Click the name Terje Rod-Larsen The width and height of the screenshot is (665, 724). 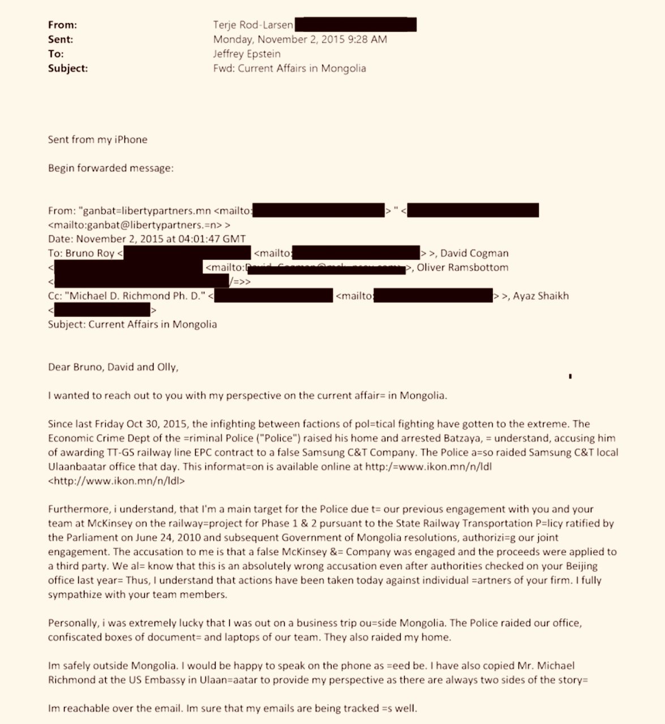pos(253,25)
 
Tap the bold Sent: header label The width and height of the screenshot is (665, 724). pos(61,40)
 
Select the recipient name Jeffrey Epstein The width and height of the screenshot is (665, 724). pos(247,54)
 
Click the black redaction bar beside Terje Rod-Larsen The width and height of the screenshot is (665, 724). pos(355,25)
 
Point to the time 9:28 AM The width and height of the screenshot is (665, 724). pos(368,40)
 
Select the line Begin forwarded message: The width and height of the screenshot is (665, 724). pos(111,168)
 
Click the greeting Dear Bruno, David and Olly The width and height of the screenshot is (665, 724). pos(113,367)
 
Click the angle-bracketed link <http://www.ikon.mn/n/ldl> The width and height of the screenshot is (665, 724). pos(117,481)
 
